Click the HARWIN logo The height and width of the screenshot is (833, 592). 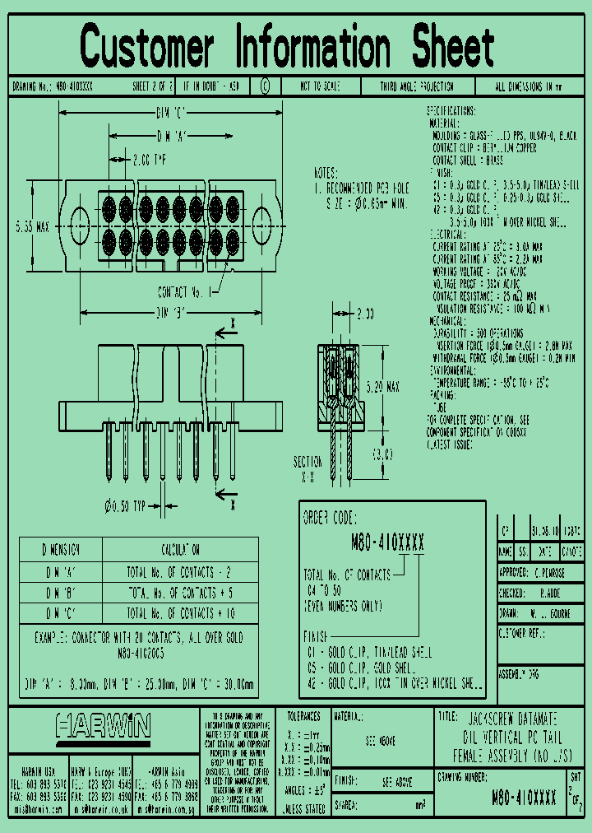[104, 726]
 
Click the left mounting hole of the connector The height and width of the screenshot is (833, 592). [80, 222]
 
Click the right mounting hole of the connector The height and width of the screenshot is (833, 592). [262, 222]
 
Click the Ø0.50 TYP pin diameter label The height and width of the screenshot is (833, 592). [124, 505]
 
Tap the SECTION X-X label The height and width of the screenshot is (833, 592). [308, 468]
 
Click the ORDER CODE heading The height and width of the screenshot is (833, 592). [330, 519]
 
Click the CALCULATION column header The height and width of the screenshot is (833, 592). [179, 550]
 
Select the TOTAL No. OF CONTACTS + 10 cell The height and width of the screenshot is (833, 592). [179, 613]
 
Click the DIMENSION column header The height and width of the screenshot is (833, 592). [60, 550]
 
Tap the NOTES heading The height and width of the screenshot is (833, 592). [326, 174]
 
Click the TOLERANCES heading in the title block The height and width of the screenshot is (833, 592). [303, 717]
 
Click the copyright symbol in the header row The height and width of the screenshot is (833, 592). [265, 86]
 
